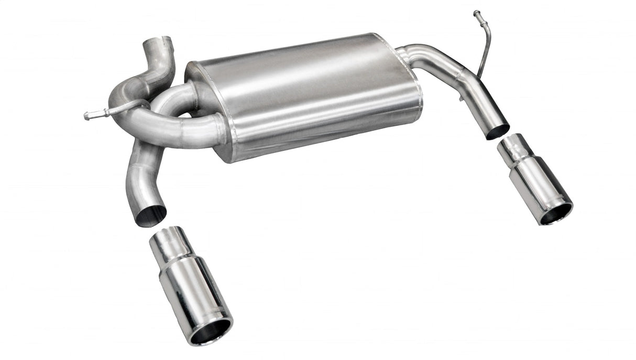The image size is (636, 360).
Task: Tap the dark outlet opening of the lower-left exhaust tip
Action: coord(211,331)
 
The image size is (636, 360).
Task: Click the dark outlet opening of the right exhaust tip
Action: coord(556,213)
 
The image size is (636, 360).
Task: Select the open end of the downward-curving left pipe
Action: coord(151,215)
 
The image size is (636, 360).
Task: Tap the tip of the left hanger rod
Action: coord(87,116)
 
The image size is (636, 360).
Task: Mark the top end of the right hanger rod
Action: coord(476,13)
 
